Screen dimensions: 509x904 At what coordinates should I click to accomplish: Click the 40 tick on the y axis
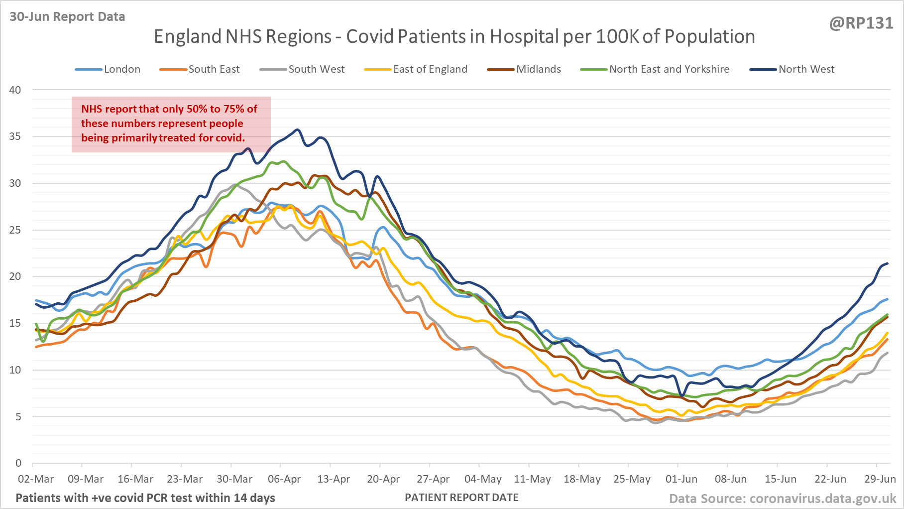pyautogui.click(x=15, y=90)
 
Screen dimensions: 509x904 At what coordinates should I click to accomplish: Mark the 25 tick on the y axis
pyautogui.click(x=15, y=230)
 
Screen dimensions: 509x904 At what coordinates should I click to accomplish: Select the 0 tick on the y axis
pyautogui.click(x=18, y=463)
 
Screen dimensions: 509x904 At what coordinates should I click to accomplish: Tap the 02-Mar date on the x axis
pyautogui.click(x=36, y=479)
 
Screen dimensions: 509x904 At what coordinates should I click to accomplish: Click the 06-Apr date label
pyautogui.click(x=284, y=479)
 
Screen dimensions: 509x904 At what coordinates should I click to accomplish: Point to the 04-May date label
pyautogui.click(x=483, y=479)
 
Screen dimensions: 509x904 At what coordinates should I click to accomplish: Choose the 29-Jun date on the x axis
pyautogui.click(x=880, y=479)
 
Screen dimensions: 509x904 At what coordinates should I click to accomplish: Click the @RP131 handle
pyautogui.click(x=861, y=23)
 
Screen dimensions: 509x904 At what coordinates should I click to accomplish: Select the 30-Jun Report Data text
pyautogui.click(x=67, y=17)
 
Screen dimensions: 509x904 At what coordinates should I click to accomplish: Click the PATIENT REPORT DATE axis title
pyautogui.click(x=461, y=498)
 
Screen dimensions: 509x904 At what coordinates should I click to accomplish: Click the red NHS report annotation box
pyautogui.click(x=171, y=124)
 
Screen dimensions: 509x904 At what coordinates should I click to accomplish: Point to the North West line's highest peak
pyautogui.click(x=298, y=130)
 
